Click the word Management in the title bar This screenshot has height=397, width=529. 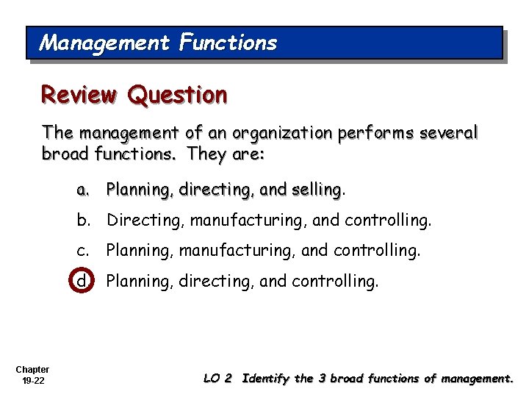click(x=104, y=43)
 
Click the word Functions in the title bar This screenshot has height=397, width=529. click(x=228, y=43)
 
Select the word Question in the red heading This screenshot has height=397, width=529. click(x=177, y=95)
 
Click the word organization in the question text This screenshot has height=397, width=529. click(x=282, y=133)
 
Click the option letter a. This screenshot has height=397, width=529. click(x=82, y=190)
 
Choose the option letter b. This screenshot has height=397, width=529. click(x=82, y=220)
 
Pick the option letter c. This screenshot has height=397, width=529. click(x=82, y=250)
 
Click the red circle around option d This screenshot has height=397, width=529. click(x=82, y=280)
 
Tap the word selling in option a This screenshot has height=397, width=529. click(x=316, y=190)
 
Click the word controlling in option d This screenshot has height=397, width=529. click(x=335, y=280)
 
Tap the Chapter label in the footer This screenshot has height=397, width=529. click(x=32, y=370)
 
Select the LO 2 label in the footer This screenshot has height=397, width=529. click(x=217, y=379)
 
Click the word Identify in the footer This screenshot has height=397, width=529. click(x=266, y=379)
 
